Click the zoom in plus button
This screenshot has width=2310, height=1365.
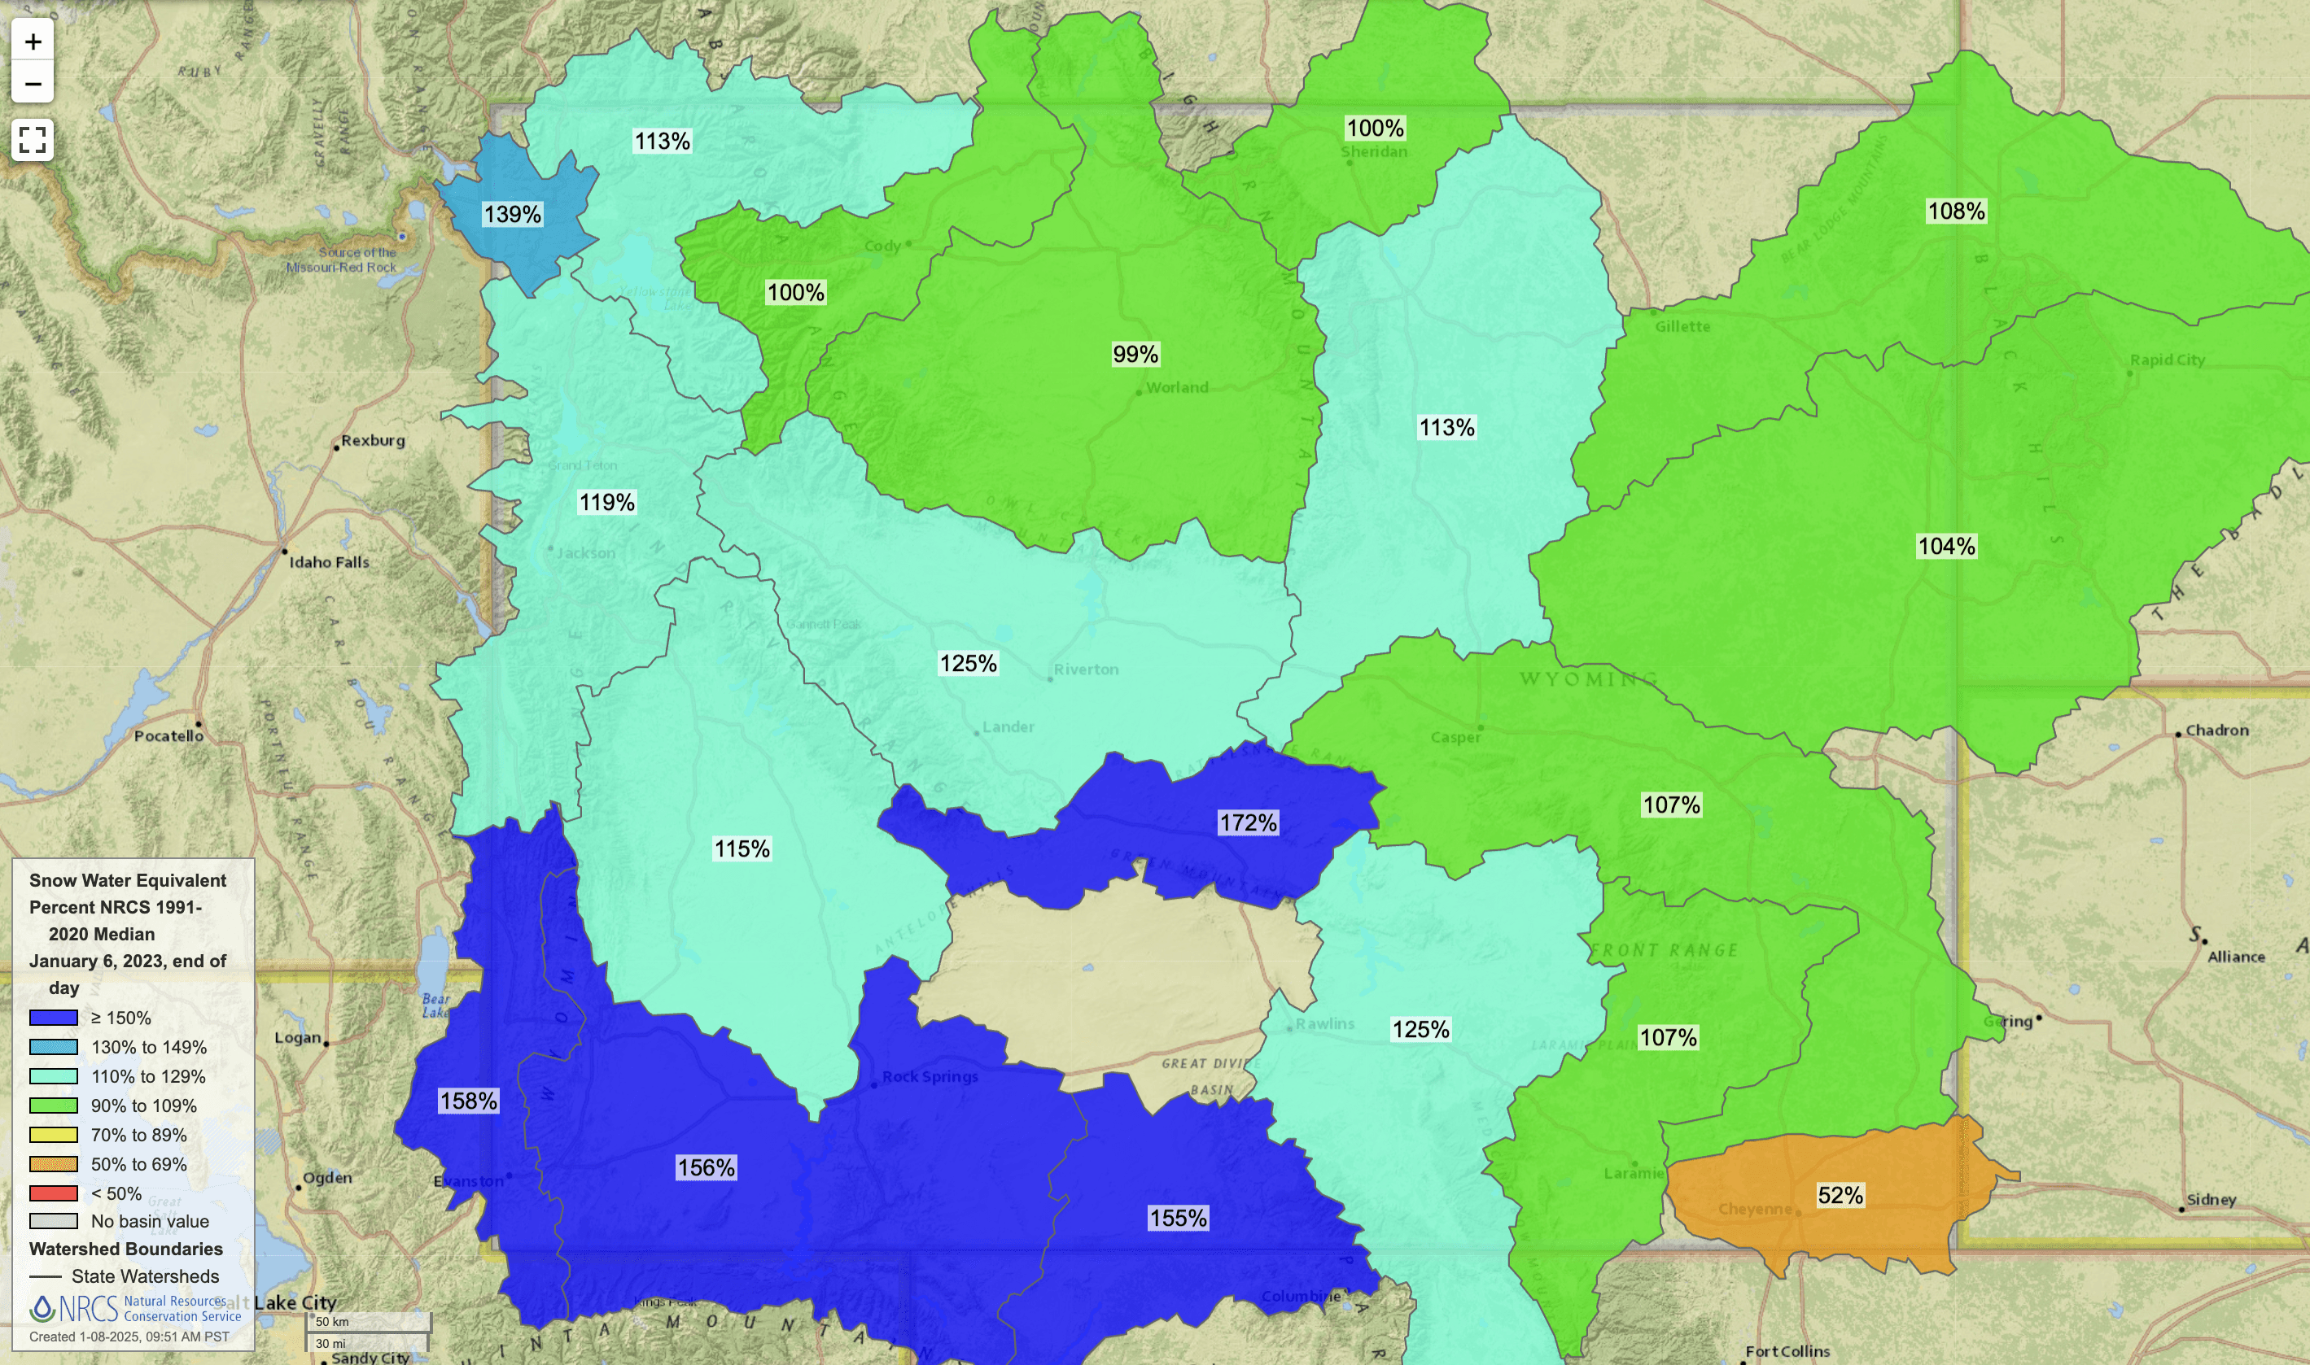33,41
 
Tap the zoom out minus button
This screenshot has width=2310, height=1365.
33,85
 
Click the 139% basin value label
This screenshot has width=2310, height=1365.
513,214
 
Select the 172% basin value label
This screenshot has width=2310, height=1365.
1248,822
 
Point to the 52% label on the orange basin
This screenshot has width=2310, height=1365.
1840,1195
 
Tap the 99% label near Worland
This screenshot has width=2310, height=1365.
1135,354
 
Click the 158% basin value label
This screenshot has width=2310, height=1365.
469,1101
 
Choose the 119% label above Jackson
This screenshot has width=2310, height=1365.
606,502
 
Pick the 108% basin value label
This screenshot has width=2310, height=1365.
1956,212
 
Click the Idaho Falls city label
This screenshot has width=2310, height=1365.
329,562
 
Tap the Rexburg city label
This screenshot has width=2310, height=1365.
373,441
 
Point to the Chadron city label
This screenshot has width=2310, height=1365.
2216,730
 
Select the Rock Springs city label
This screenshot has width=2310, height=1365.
930,1076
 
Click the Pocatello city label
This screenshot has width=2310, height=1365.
168,736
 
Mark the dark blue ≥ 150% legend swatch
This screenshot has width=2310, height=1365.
54,1018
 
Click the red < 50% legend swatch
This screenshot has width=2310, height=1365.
54,1193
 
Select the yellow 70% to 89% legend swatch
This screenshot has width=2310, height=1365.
54,1134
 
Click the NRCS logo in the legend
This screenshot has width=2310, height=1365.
73,1308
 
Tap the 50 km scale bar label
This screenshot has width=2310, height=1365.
332,1322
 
